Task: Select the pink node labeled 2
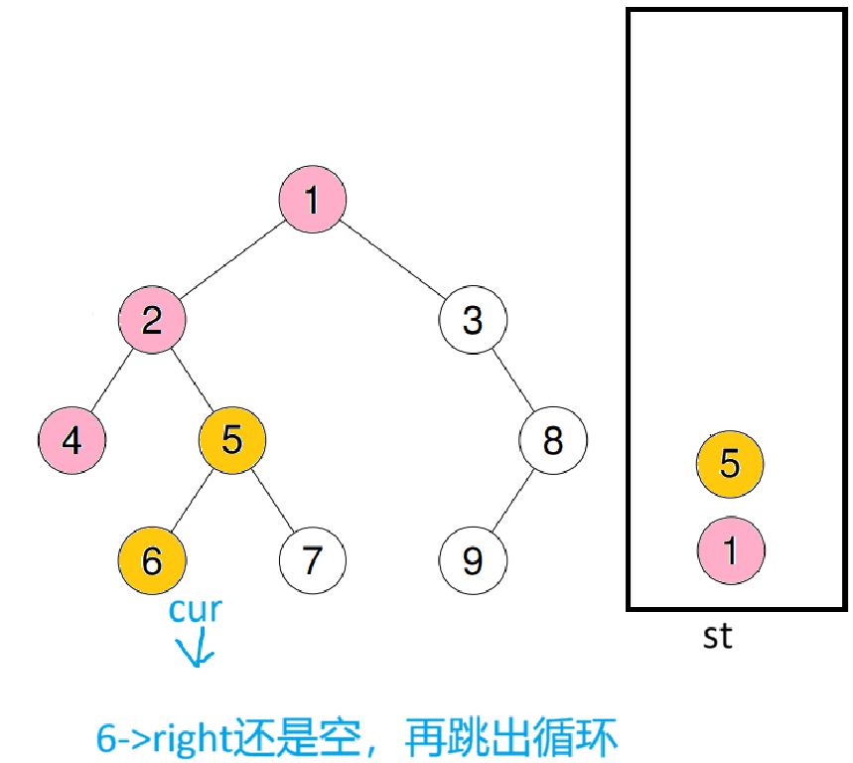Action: click(x=152, y=320)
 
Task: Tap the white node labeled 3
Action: click(x=473, y=320)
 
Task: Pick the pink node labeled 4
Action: click(x=71, y=439)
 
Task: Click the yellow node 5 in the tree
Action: click(x=231, y=438)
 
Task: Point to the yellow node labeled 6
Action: click(x=152, y=559)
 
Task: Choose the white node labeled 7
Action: click(x=312, y=559)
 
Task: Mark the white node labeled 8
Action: click(x=553, y=439)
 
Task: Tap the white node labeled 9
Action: click(x=473, y=559)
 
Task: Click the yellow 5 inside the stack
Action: click(x=730, y=463)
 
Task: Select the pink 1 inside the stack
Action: click(x=730, y=549)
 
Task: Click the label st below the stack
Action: click(x=717, y=636)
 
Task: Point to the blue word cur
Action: click(x=195, y=609)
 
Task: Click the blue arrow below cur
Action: click(x=196, y=650)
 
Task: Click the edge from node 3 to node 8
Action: click(x=513, y=380)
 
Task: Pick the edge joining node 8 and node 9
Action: click(x=512, y=500)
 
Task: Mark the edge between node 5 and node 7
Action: click(x=272, y=499)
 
